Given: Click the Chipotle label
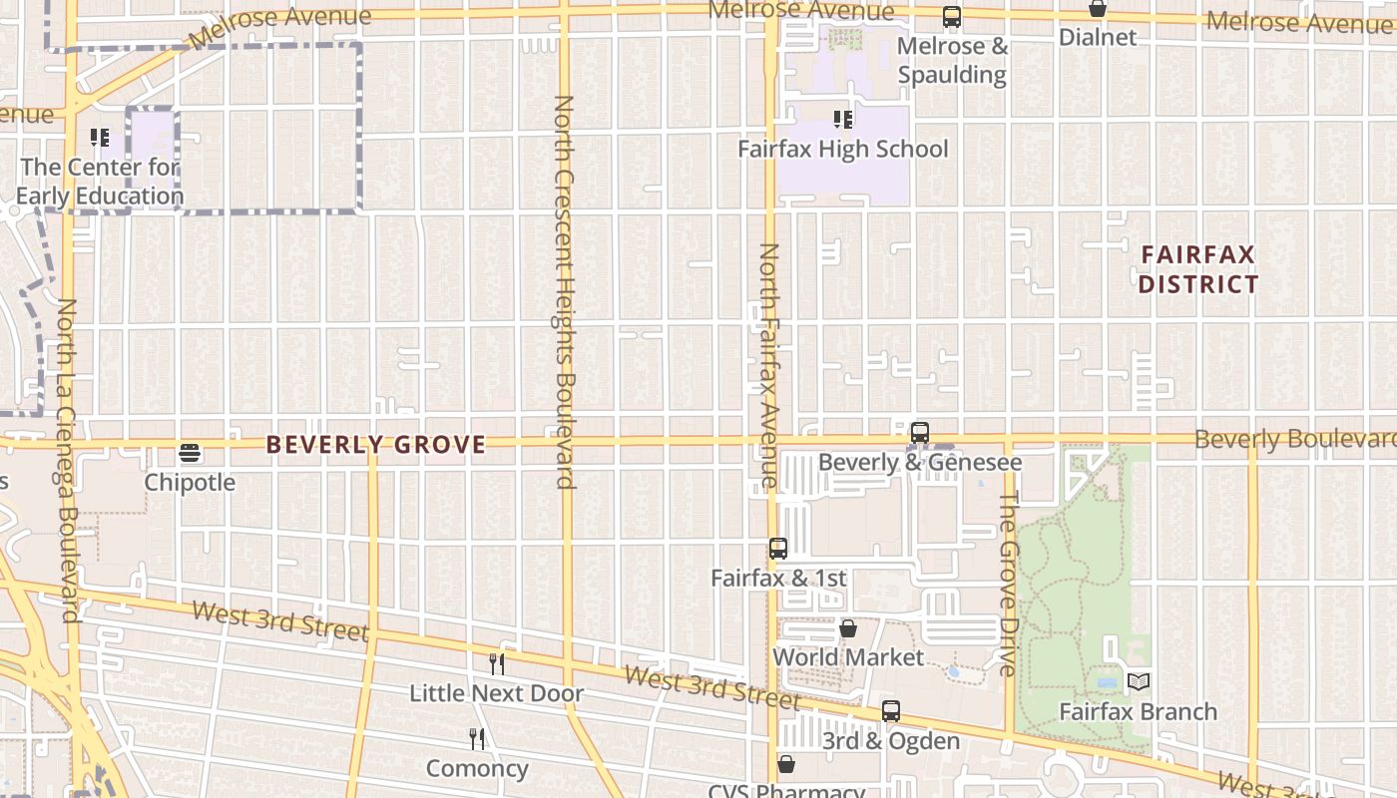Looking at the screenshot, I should tap(190, 483).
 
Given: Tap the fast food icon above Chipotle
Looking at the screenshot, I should tap(190, 454).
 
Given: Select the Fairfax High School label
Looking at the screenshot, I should tap(843, 150).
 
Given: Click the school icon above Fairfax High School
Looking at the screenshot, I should tap(843, 120).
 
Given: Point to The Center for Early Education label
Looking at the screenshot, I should tap(100, 182).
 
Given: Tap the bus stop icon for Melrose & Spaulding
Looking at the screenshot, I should tap(952, 17).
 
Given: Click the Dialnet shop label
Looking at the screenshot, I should tap(1098, 38).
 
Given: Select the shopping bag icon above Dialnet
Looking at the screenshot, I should tap(1098, 9).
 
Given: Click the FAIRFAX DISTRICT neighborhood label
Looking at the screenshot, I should tap(1198, 269).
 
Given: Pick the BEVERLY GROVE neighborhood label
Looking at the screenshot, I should tap(376, 445).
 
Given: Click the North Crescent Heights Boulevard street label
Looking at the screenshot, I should tap(565, 291).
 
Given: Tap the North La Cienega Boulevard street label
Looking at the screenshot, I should tap(68, 460).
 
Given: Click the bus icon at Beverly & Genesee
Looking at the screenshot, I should tap(920, 433).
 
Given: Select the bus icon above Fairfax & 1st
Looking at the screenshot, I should tap(778, 549).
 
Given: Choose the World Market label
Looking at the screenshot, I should tap(848, 657).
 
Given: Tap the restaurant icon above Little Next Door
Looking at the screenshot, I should tap(496, 664).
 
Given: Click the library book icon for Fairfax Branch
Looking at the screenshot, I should tap(1139, 682).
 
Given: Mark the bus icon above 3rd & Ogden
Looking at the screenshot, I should tap(891, 711).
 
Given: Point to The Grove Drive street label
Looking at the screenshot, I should tap(1008, 583).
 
